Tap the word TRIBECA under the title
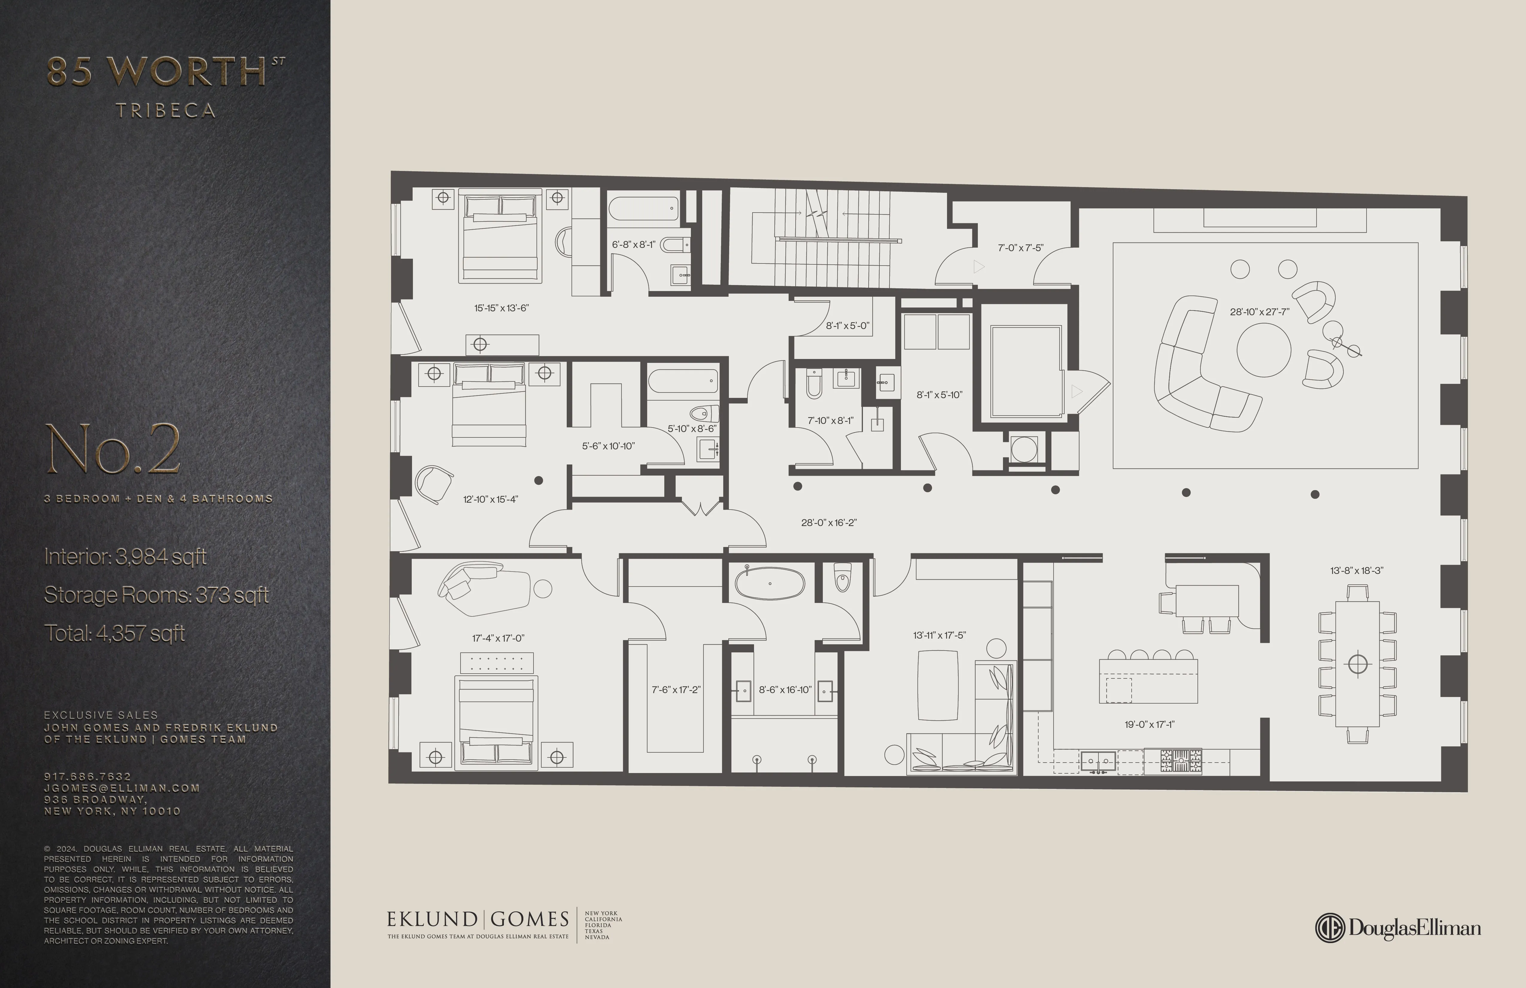point(165,111)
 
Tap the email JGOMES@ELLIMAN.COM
point(122,788)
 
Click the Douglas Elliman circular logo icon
point(1330,928)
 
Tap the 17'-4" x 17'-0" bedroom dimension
point(498,638)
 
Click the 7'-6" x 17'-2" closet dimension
point(676,690)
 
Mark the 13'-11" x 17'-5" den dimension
point(939,635)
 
